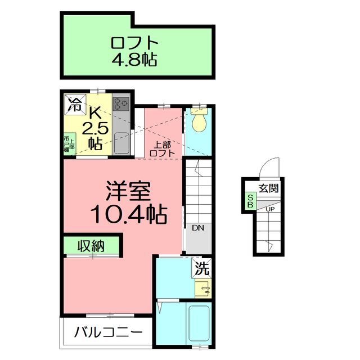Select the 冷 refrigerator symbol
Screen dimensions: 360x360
[x=74, y=103]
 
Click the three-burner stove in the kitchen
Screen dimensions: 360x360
[x=121, y=103]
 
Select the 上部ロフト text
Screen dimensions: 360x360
[x=163, y=148]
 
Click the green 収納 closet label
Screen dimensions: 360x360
[x=91, y=246]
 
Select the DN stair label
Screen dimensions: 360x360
[x=197, y=228]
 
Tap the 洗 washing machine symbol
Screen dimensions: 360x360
[x=202, y=269]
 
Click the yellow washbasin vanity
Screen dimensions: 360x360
[x=202, y=289]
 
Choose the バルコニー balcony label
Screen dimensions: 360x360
[x=105, y=332]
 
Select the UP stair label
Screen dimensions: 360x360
[x=270, y=209]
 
